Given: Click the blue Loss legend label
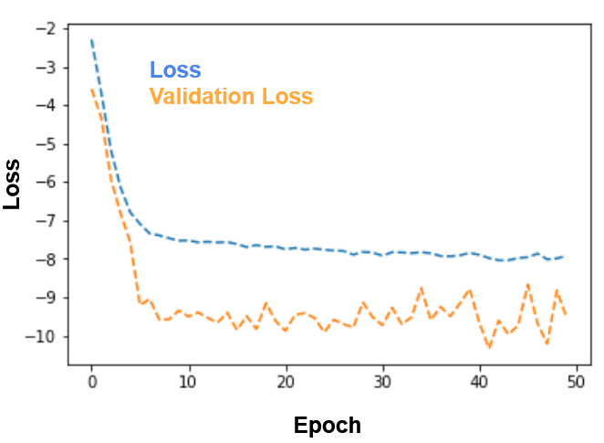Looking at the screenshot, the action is click(175, 69).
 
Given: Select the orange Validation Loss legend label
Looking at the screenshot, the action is click(231, 96).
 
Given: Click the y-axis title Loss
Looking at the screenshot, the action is click(12, 185).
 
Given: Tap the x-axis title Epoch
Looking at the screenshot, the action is click(328, 426).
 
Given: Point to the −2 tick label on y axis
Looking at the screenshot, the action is click(46, 28).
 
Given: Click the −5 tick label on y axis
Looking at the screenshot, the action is click(46, 144).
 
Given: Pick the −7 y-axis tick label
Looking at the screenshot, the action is click(46, 221).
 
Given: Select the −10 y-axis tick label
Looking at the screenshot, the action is click(41, 336).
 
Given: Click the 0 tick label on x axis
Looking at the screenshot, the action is click(92, 382).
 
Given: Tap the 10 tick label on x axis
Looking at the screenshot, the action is click(188, 382).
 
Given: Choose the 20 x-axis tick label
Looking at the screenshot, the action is click(286, 382).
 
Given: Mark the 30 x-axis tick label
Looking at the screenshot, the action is click(383, 382).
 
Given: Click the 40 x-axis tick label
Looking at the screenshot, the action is click(480, 382).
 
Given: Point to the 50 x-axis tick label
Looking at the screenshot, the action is click(577, 382).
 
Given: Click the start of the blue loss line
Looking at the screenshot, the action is click(91, 39).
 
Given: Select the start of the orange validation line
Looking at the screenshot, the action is click(91, 90).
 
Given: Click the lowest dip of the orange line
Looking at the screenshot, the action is click(490, 348).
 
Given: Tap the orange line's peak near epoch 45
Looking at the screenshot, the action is click(528, 285).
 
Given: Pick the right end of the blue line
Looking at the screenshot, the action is click(564, 257).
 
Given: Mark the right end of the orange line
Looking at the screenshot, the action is click(566, 315).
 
